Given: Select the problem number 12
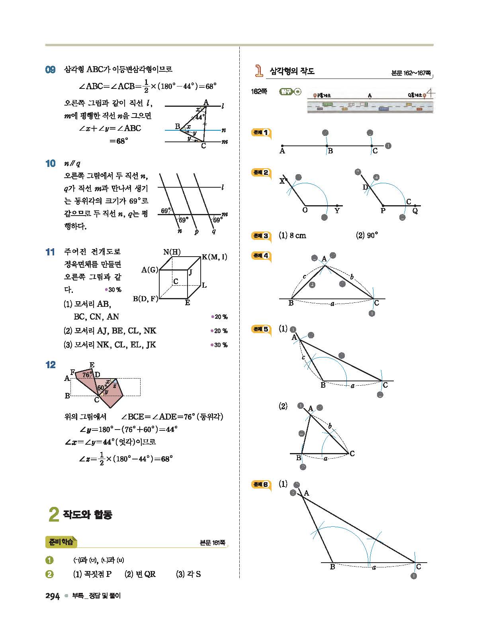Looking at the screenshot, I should (x=51, y=365).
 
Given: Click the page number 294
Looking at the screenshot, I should (x=53, y=596).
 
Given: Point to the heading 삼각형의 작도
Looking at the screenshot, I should (x=292, y=71).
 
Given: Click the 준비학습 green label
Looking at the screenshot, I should (x=61, y=542).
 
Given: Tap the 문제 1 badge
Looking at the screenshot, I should (x=261, y=133).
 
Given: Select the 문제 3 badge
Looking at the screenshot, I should (x=261, y=236).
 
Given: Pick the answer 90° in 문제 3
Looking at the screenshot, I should (x=367, y=235).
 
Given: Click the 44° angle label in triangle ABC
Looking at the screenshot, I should (x=199, y=117).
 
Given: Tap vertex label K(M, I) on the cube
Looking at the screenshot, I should (x=214, y=257).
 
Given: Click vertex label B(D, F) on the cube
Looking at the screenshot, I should (x=145, y=298).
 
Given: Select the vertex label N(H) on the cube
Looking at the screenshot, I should (x=172, y=252).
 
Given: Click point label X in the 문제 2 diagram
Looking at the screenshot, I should (x=282, y=181).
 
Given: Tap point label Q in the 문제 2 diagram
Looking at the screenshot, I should (x=415, y=211).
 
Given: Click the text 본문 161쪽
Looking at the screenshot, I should (x=213, y=543).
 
